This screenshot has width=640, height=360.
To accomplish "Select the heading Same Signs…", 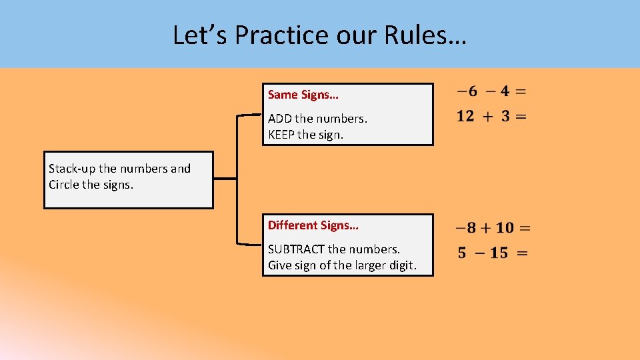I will tap(303, 95).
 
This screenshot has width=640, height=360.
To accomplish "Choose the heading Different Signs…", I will tap(313, 225).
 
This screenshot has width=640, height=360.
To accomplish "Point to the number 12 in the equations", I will tap(465, 116).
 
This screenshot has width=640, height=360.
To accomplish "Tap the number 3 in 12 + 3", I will tap(505, 116).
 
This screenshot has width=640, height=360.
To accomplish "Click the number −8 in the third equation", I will tap(466, 228).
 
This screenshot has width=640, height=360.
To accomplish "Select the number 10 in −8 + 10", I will tap(505, 228).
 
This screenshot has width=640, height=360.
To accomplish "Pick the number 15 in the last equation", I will tap(499, 253).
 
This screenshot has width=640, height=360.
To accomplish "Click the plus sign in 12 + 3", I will tap(487, 117).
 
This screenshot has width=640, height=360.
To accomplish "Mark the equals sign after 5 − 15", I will tap(523, 253).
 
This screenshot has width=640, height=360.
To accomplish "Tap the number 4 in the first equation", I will tap(505, 91).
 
